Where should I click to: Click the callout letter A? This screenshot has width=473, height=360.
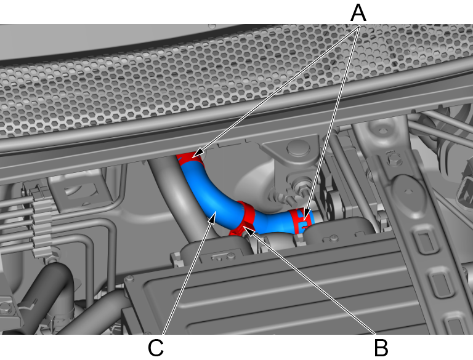click(358, 13)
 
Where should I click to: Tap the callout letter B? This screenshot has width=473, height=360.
click(381, 348)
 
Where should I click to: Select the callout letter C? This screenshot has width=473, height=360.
click(156, 348)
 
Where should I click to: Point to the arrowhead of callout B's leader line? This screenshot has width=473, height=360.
click(248, 231)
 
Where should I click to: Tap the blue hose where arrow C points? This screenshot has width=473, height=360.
click(215, 210)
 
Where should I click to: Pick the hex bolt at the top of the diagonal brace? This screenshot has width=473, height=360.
click(392, 158)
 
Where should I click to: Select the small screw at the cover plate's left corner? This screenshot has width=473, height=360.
click(130, 279)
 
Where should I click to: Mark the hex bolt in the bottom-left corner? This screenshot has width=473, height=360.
click(6, 308)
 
